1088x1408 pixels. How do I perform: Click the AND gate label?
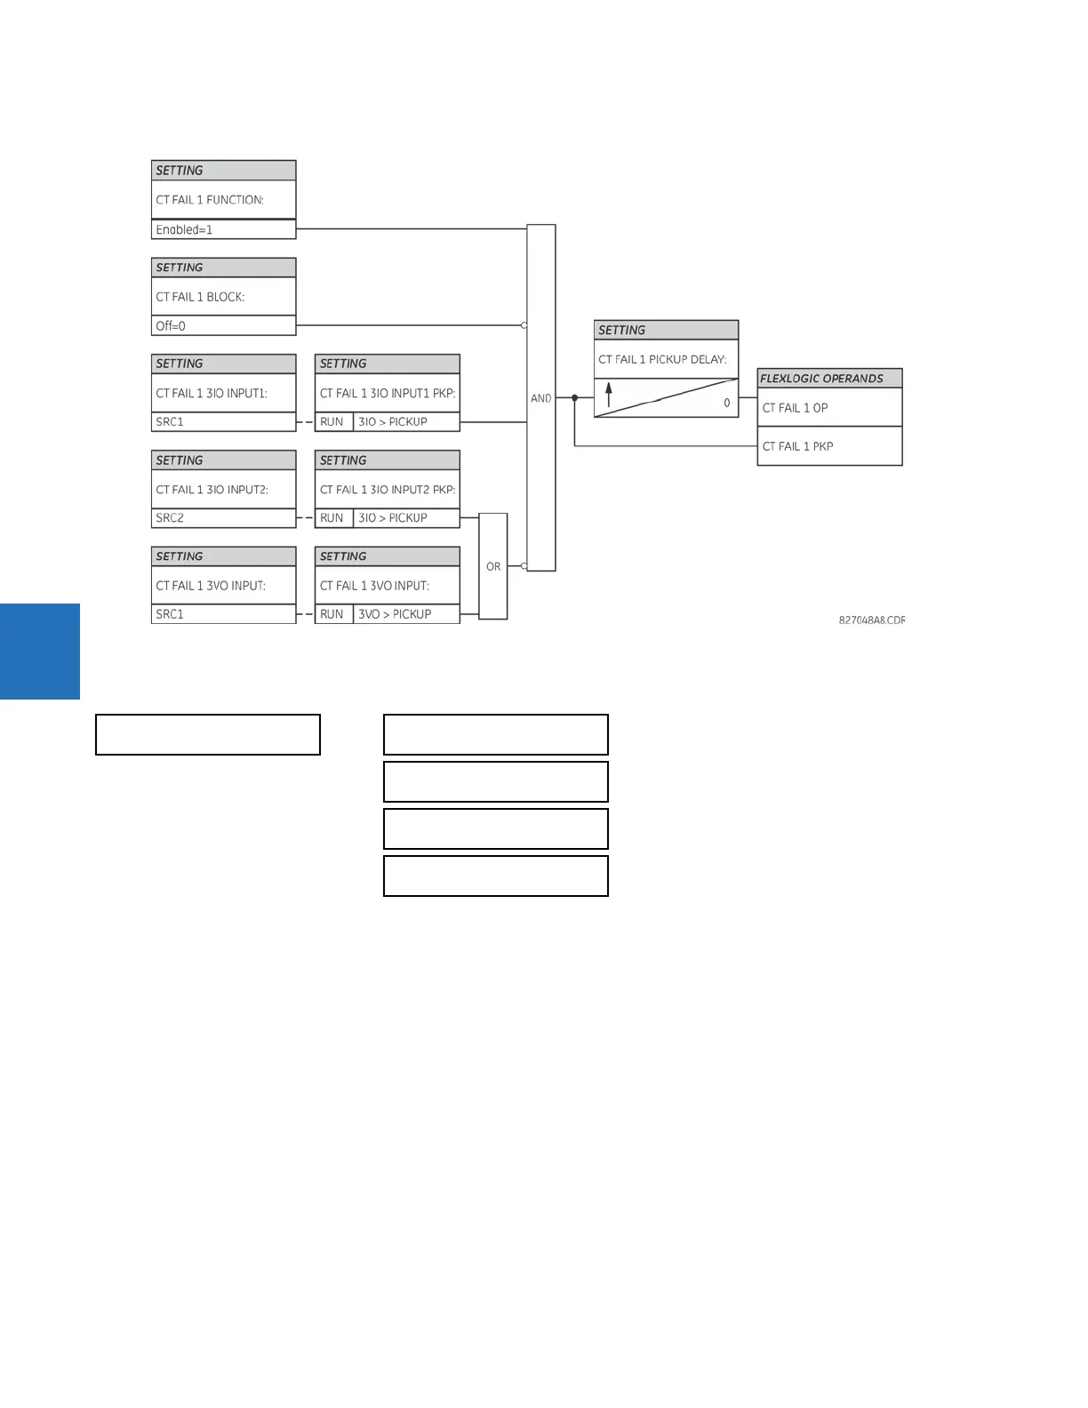540,398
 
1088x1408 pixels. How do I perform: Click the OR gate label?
493,566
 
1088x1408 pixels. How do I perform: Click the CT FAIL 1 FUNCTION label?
210,200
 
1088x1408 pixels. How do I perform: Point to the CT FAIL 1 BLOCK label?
200,297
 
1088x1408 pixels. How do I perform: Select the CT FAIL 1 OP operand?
795,408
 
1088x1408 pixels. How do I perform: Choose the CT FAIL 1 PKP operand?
797,446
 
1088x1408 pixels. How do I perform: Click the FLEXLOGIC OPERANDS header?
821,379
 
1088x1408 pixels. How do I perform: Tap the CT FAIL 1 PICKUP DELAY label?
662,359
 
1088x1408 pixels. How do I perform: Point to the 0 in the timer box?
726,403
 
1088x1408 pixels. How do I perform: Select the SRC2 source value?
170,518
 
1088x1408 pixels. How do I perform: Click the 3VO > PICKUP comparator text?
394,614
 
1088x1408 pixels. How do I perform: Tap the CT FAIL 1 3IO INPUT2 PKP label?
388,490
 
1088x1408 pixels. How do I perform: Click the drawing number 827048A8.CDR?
871,620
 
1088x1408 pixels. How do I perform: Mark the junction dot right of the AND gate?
574,397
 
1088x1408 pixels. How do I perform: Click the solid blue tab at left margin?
40,652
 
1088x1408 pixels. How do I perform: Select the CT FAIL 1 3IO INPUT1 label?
212,393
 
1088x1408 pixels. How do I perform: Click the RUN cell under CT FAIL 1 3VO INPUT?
332,614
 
